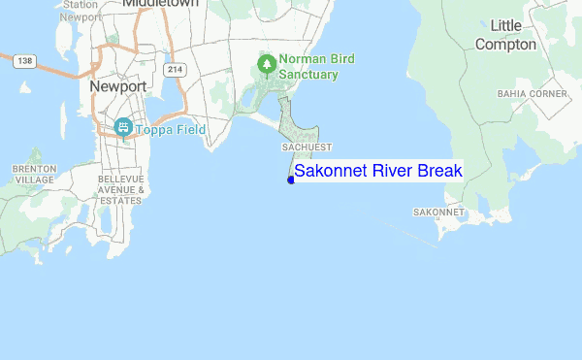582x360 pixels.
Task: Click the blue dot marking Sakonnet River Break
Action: [291, 180]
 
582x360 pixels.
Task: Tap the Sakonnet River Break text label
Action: [378, 171]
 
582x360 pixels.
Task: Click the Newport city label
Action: [117, 86]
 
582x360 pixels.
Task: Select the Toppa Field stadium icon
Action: [123, 127]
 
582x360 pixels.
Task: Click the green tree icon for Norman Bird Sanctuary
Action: [266, 65]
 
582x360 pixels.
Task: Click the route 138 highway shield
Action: [24, 60]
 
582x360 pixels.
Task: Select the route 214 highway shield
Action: [175, 70]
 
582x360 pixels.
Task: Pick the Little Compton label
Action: [505, 35]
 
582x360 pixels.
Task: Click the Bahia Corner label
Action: [532, 94]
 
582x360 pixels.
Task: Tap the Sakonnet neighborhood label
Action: [438, 212]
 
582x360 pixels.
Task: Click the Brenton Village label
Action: [34, 174]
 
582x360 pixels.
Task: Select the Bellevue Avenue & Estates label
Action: [121, 190]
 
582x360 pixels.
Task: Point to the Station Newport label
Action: [80, 11]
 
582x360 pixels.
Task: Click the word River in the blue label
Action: [393, 171]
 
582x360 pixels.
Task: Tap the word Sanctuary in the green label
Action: [308, 74]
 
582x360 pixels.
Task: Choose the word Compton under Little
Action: [505, 44]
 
